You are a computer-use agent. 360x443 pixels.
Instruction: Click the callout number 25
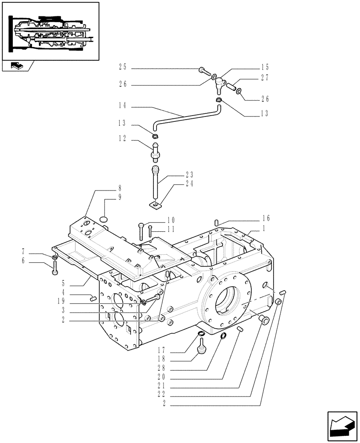click(x=122, y=67)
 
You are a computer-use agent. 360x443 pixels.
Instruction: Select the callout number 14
click(x=122, y=106)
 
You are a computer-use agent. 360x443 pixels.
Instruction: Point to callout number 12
click(x=122, y=139)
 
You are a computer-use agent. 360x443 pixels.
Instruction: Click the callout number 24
click(x=177, y=183)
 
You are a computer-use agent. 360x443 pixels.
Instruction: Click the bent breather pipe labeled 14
click(x=186, y=116)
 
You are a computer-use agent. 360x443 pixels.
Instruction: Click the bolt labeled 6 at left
click(x=55, y=267)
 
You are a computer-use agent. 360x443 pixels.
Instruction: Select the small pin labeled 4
click(x=94, y=298)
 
